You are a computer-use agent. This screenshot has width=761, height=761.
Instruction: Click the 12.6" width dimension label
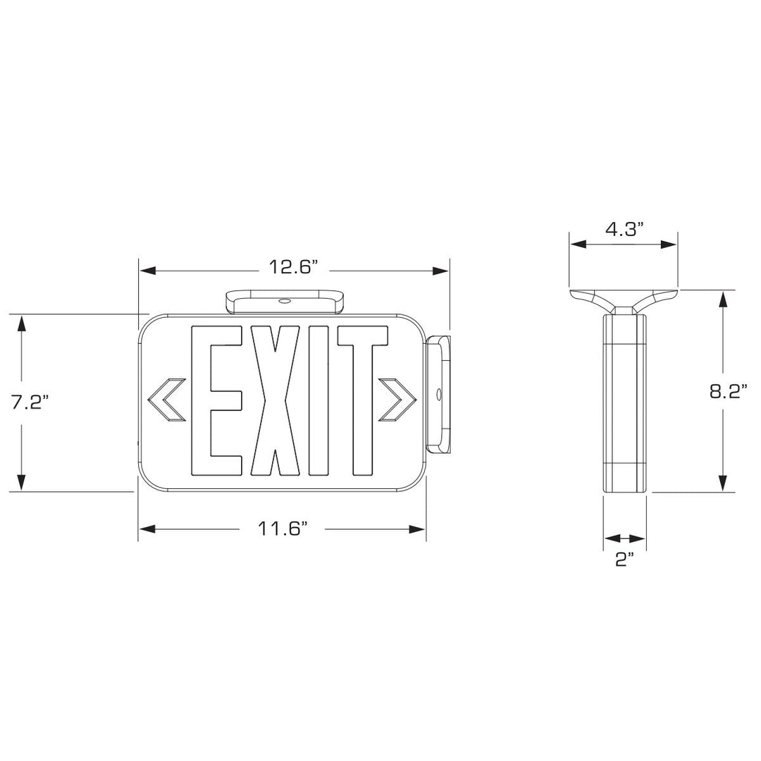click(293, 268)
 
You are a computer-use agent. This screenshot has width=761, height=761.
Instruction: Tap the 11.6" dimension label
click(282, 528)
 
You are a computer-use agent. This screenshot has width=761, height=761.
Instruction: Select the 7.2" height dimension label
click(30, 403)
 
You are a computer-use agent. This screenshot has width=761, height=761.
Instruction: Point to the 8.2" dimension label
click(729, 392)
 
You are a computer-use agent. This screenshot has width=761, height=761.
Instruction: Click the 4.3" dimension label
click(624, 228)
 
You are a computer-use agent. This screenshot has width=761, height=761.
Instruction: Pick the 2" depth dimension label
click(624, 560)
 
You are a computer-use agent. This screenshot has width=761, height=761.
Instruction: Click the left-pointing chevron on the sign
click(166, 400)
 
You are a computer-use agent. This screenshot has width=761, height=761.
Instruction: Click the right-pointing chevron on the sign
click(396, 400)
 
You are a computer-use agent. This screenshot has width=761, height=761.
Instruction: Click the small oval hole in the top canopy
click(285, 301)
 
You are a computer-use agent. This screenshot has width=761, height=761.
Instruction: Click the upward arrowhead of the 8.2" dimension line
click(722, 299)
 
